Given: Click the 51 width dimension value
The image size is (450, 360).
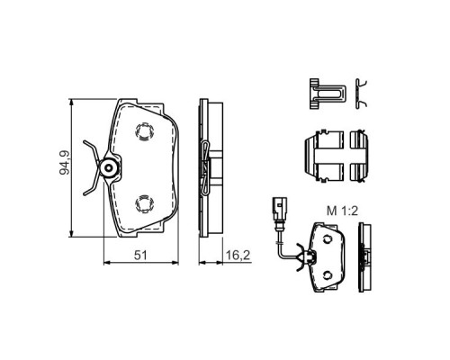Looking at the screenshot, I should click(x=139, y=256).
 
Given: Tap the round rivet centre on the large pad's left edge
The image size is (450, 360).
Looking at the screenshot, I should click(x=109, y=168).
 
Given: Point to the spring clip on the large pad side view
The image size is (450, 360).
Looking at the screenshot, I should click(x=206, y=168).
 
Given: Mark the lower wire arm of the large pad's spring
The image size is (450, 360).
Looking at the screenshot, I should click(x=90, y=185).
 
